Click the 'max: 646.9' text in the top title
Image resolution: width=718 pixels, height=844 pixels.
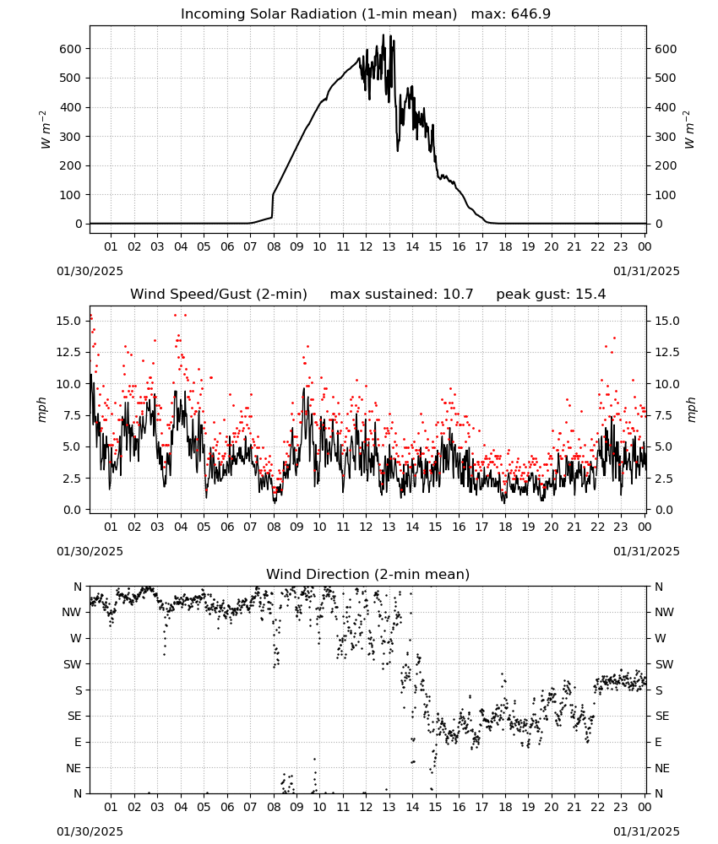click(511, 14)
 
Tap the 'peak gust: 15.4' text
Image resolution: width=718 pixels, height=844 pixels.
click(551, 294)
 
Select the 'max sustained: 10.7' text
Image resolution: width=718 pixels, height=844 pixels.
click(401, 294)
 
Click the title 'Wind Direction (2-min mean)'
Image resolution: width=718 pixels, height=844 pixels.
click(368, 574)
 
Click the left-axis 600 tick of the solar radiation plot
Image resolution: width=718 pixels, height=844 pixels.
click(71, 49)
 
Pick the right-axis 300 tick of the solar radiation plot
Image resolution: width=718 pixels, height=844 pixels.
click(666, 137)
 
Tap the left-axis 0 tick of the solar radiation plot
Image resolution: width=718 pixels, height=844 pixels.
click(79, 224)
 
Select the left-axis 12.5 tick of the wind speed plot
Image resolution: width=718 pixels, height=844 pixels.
click(68, 353)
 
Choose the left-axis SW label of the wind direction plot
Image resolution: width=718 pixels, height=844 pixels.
click(73, 664)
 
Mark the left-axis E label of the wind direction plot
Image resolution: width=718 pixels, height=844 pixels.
click(78, 742)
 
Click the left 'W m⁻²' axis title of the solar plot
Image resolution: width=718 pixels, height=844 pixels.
click(46, 130)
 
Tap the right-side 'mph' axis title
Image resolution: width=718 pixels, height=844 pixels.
click(691, 409)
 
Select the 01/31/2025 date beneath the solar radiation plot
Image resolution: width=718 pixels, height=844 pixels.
click(646, 271)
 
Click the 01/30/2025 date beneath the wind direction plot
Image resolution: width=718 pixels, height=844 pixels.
click(90, 831)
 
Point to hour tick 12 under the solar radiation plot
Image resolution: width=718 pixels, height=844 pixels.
click(366, 246)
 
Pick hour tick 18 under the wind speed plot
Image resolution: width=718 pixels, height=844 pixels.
click(504, 527)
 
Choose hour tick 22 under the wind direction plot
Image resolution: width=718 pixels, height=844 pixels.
click(597, 807)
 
